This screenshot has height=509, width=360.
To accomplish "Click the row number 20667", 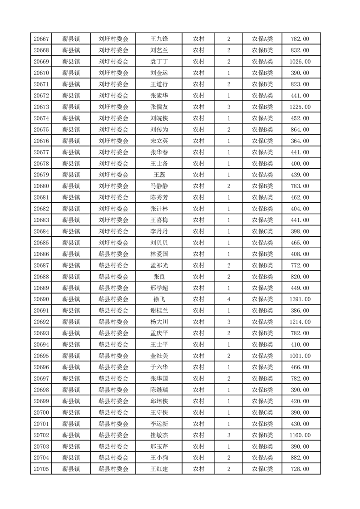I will tap(41, 39).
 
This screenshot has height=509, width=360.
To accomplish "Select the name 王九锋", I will tap(159, 39).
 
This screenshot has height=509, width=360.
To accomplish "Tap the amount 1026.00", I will tap(300, 62).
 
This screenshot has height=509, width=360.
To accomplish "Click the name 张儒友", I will tap(159, 107).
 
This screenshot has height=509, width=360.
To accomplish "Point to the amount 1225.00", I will tap(300, 107).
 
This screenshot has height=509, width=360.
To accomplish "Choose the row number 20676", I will tap(41, 141).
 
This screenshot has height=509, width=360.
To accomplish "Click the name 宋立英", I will tap(159, 141).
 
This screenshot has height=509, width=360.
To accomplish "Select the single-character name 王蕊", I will tap(159, 175).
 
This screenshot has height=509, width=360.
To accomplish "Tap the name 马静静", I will tap(159, 186).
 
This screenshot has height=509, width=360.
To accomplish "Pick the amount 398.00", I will tap(300, 231).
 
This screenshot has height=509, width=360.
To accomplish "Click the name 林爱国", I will tap(159, 254).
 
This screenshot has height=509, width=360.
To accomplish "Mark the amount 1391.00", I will tap(300, 299).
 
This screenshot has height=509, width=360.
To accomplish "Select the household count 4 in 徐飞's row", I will tap(228, 299).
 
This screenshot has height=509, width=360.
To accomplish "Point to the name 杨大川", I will tap(159, 322).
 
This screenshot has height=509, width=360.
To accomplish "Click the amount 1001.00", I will tap(300, 356).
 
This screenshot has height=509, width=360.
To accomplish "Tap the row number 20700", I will tap(41, 412).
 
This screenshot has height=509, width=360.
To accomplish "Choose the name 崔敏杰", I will tap(159, 435).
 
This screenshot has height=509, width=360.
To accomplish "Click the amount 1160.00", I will tap(300, 435).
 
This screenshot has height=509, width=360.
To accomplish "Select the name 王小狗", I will tap(159, 458).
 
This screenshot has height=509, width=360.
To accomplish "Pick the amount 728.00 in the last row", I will tap(300, 469).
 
